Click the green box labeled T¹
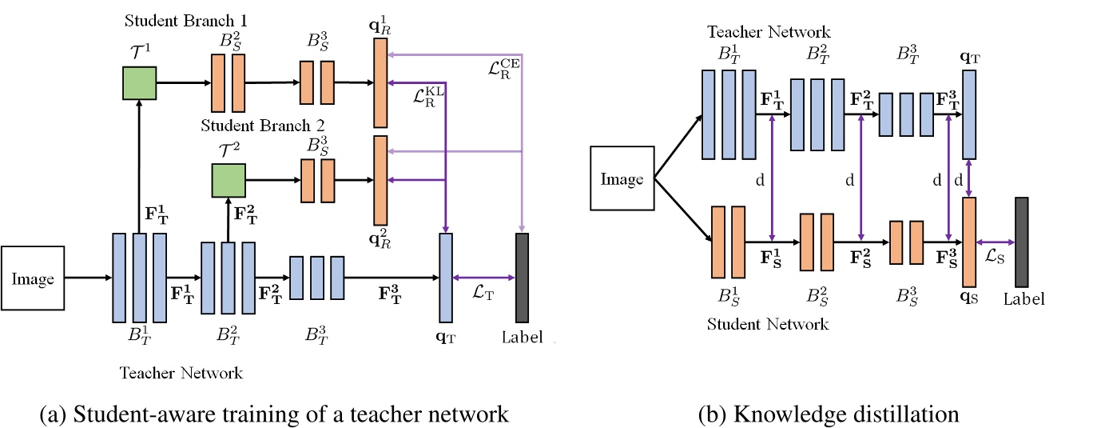[139, 82]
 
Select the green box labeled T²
[228, 180]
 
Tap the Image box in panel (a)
[33, 278]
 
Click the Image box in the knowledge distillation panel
[622, 178]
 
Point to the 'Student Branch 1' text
[172, 18]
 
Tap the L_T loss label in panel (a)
[484, 294]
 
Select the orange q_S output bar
[969, 242]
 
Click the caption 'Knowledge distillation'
[828, 414]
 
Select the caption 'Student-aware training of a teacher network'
[273, 414]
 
